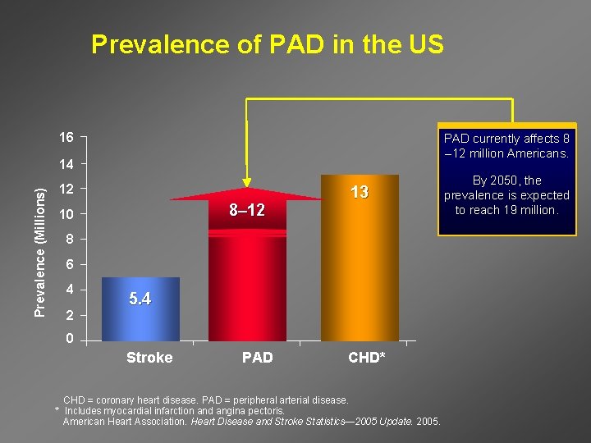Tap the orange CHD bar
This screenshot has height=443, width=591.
pos(360,263)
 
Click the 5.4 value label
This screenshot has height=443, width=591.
pos(140,299)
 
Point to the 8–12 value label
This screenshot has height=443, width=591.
pos(246,211)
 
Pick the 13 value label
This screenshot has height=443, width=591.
pos(360,192)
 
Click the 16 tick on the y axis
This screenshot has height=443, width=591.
pos(66,136)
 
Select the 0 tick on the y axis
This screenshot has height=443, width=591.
pos(70,339)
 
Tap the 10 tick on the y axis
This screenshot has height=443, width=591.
pos(66,215)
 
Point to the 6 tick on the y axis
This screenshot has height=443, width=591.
pos(70,265)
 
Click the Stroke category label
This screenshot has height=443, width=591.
pos(149,358)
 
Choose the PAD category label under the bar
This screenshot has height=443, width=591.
pos(258,358)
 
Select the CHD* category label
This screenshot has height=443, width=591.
pos(366,358)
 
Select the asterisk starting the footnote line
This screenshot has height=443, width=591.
pos(57,409)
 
